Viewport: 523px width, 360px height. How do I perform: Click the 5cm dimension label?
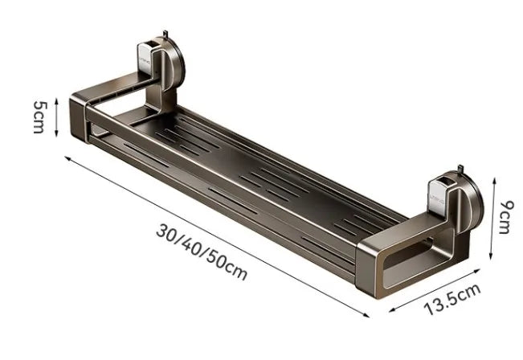coord(38,117)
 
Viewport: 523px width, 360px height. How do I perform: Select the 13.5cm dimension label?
coord(451,300)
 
